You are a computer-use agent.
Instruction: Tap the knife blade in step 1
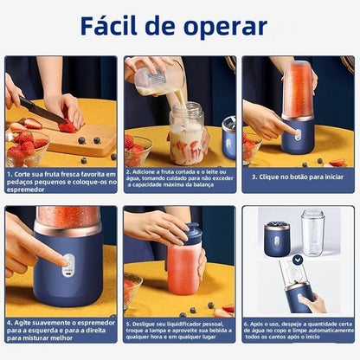[40, 111]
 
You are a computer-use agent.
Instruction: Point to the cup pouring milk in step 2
[159, 79]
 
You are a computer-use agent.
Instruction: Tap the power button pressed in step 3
[297, 133]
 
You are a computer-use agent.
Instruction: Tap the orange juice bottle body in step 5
[183, 270]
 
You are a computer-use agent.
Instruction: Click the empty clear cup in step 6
[313, 232]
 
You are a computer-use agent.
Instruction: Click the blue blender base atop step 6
[278, 238]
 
